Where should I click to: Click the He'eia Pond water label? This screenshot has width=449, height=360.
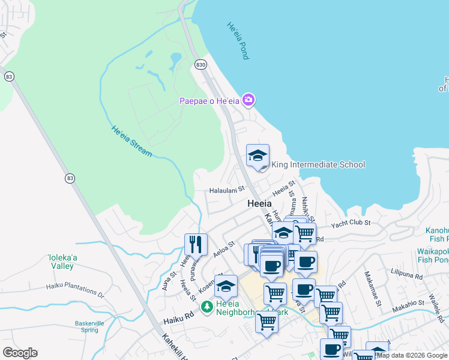[238, 41]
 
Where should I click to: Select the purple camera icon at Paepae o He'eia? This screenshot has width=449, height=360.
[249, 100]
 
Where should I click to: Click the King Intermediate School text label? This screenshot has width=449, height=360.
[318, 164]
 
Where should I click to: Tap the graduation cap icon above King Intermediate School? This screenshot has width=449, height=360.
[258, 156]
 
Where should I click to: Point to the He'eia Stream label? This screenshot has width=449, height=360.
[131, 141]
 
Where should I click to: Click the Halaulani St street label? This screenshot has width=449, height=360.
[227, 190]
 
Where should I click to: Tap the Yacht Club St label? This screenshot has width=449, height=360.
[351, 223]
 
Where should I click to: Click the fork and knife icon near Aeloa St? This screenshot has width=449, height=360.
[196, 244]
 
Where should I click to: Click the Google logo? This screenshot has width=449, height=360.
[20, 353]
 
